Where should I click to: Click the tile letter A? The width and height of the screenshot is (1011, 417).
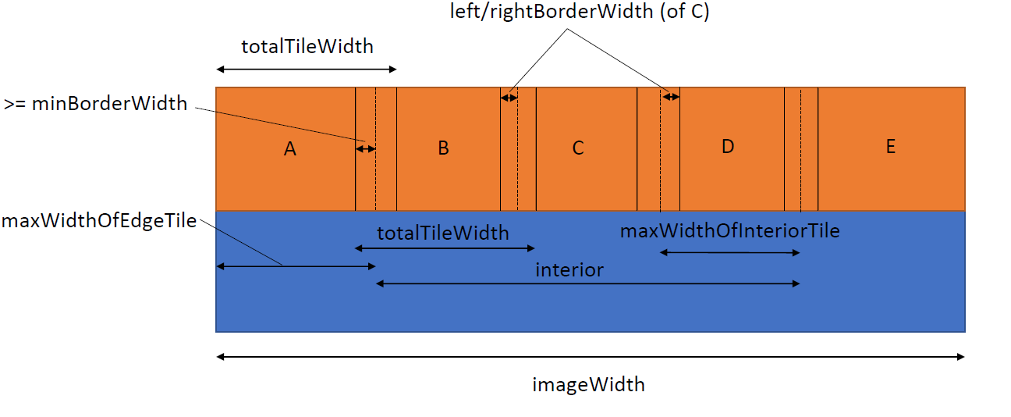290,149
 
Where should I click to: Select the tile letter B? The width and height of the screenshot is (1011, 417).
443,148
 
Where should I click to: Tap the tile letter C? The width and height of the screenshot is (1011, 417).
578,148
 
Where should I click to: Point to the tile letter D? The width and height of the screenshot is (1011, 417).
728,146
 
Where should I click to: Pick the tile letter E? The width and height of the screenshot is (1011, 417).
891,146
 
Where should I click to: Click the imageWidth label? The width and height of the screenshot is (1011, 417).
589,384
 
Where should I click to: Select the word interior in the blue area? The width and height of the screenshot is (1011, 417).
569,270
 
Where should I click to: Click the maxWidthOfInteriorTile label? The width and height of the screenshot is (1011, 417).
729,230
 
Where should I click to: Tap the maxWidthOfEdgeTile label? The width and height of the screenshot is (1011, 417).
98,220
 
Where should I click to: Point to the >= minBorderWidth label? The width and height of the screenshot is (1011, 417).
95,103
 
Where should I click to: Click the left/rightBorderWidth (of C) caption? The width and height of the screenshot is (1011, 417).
580,12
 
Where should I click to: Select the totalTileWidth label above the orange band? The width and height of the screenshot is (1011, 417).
307,46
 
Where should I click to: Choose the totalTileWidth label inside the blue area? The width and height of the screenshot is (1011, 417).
443,233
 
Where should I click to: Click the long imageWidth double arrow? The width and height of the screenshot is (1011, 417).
591,357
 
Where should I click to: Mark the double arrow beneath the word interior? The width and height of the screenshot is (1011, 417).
588,284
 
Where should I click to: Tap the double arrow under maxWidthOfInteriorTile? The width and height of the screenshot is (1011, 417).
730,252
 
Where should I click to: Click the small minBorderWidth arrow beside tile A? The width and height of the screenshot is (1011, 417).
365,148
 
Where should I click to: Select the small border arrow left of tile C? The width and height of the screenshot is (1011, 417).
509,98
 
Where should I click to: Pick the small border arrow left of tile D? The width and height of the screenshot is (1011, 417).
670,97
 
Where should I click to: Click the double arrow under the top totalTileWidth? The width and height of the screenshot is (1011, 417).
306,70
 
